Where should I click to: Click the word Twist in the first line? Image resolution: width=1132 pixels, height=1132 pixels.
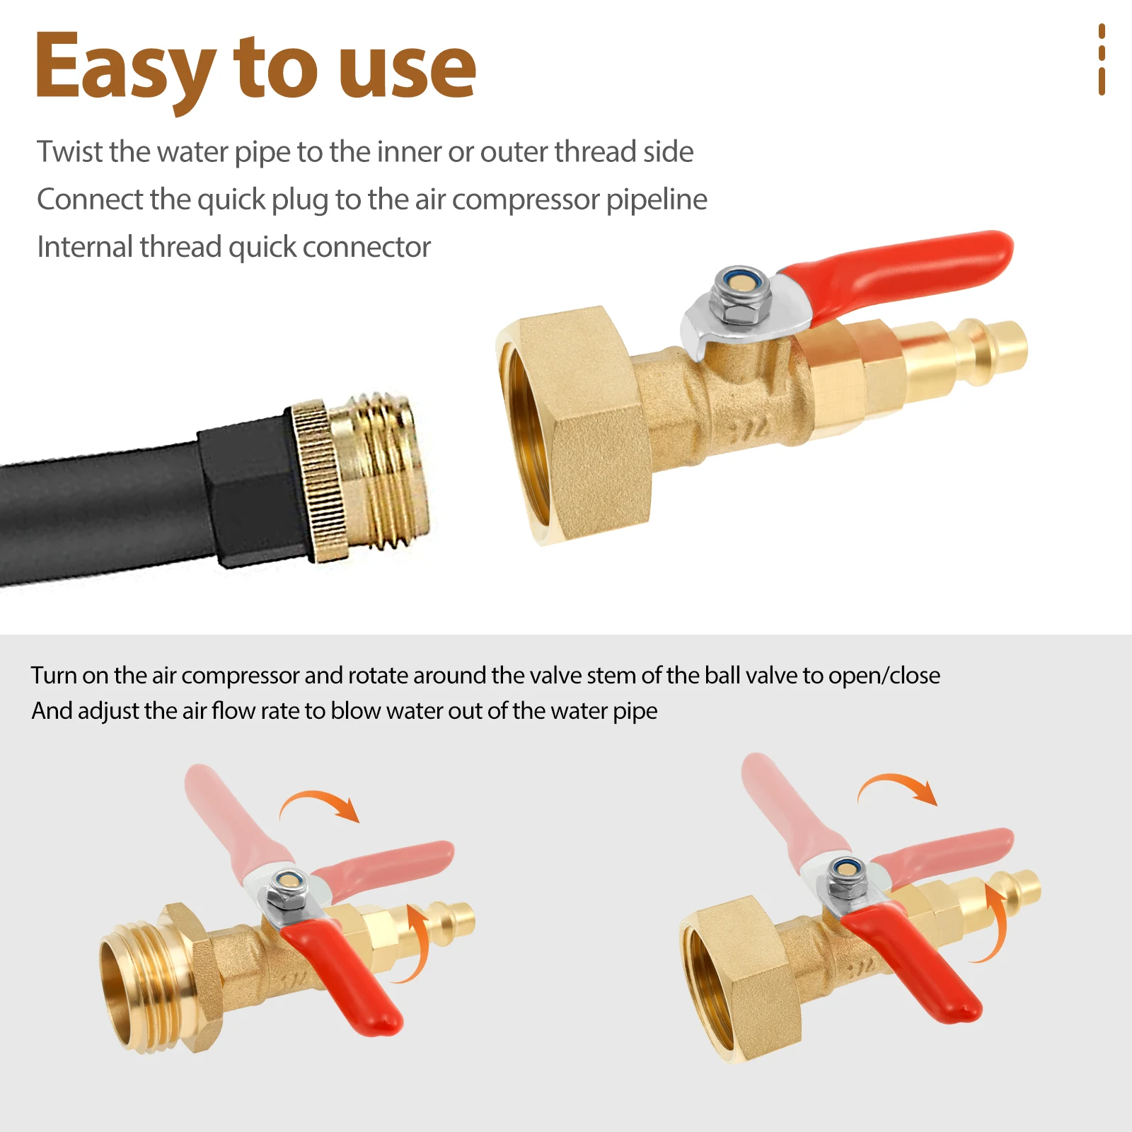(x=70, y=151)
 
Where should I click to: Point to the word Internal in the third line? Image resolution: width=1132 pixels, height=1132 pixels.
(x=84, y=247)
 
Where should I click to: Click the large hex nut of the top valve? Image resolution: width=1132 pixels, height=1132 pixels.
(x=580, y=424)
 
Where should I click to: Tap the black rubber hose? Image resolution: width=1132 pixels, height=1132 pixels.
(x=106, y=516)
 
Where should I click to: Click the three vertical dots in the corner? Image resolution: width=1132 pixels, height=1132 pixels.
(x=1102, y=59)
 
